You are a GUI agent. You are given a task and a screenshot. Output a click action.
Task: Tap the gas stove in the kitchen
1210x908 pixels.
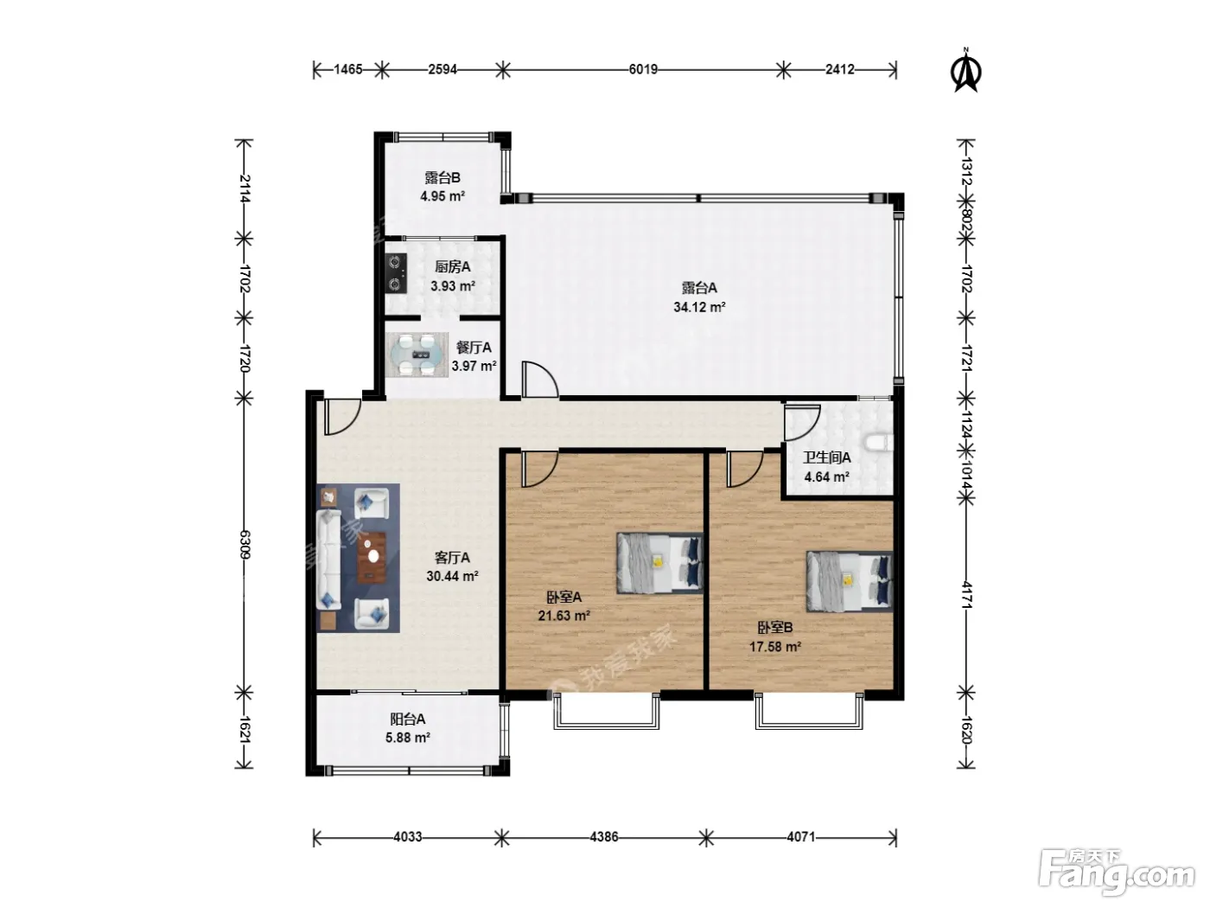396,273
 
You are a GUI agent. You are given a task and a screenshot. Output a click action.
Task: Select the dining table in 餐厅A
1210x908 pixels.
417,355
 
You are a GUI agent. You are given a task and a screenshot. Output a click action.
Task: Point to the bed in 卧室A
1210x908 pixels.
659,563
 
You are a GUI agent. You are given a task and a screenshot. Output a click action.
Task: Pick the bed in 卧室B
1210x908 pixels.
850,582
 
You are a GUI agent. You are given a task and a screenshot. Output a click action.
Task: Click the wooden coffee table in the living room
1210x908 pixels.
372,557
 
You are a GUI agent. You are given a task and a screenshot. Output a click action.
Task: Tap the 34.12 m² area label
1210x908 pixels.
699,307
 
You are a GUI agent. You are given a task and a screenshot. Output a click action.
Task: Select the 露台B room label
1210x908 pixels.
443,177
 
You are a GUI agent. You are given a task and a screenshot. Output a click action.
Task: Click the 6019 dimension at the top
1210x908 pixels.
643,69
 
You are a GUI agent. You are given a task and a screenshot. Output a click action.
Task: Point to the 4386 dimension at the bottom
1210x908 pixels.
603,836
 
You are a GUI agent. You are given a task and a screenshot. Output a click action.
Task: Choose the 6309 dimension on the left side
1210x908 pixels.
245,544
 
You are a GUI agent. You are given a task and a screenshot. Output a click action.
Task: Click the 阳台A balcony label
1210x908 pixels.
407,719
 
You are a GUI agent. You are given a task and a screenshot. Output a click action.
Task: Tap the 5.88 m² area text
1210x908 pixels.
407,737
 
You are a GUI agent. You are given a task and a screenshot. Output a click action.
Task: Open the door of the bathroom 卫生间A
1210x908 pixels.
801,422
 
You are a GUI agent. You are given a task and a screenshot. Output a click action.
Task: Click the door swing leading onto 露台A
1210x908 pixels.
539,380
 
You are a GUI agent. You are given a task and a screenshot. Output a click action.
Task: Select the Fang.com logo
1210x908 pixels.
1117,871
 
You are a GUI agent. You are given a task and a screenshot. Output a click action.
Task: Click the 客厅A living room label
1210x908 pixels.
452,558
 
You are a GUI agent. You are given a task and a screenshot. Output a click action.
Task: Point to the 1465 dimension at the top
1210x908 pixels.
347,69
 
